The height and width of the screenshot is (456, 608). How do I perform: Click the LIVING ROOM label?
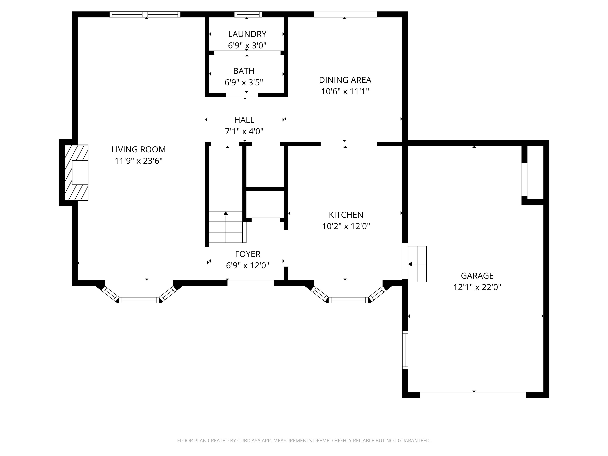coord(138,149)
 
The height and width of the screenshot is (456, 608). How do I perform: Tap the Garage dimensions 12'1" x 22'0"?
coord(477,287)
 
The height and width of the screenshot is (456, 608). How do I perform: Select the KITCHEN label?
coord(346,215)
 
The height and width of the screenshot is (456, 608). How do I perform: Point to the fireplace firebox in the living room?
coord(80,173)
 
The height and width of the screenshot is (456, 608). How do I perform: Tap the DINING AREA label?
coord(345,80)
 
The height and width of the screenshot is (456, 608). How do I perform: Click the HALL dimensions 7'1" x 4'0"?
coord(244,131)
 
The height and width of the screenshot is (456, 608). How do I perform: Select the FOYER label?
coord(247,254)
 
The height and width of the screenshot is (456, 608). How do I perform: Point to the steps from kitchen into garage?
coord(417,264)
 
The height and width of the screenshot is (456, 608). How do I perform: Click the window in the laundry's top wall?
coord(248,14)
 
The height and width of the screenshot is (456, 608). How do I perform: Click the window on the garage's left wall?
coord(405,350)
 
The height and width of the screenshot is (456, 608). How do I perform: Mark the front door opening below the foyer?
coord(250,280)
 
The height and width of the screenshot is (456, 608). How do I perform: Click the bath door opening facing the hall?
coord(242,95)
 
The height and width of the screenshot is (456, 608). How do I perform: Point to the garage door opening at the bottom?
coord(473,392)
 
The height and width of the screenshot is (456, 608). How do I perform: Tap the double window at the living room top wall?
coord(145,14)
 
